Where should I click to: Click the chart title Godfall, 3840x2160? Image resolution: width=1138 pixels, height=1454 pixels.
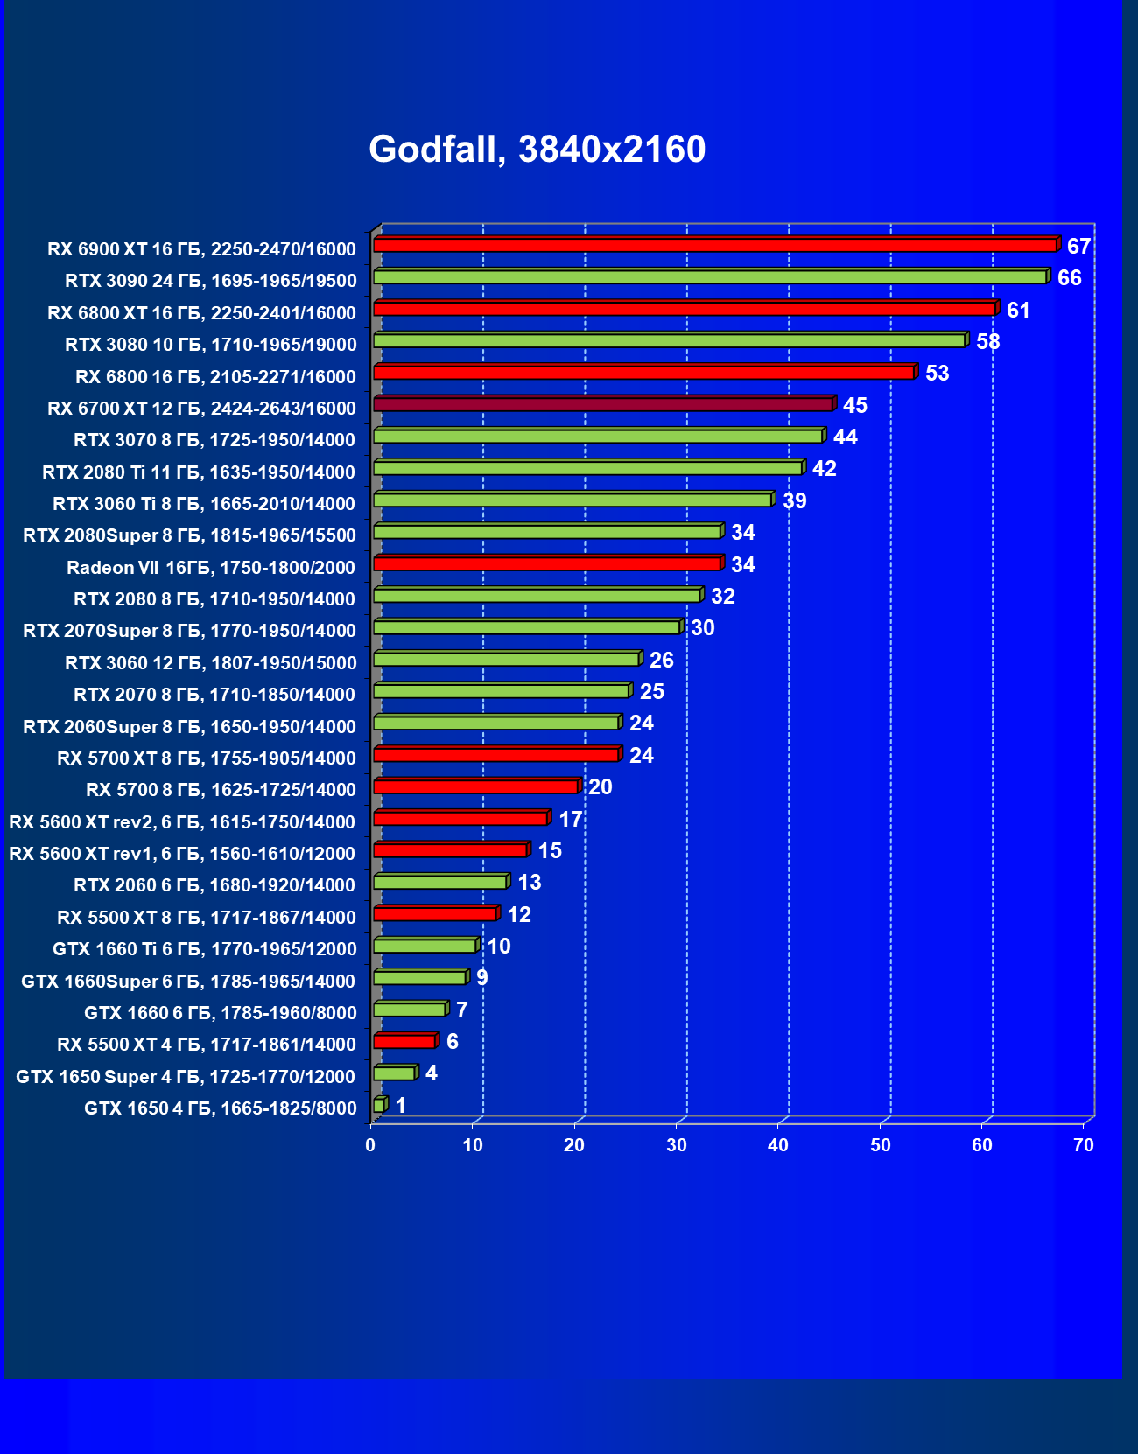pyautogui.click(x=537, y=150)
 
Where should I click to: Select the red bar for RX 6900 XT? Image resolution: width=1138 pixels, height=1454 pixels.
pyautogui.click(x=714, y=245)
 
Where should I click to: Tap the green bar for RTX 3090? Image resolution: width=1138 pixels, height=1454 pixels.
pyautogui.click(x=709, y=277)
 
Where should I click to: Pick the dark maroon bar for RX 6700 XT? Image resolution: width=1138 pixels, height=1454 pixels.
pyautogui.click(x=602, y=404)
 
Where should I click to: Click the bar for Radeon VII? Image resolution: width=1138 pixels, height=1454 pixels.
pyautogui.click(x=546, y=563)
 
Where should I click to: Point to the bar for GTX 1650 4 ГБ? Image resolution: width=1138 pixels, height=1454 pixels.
pyautogui.click(x=379, y=1106)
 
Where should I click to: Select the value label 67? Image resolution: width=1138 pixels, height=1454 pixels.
pyautogui.click(x=1078, y=247)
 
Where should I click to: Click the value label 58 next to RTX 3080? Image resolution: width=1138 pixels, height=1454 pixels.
pyautogui.click(x=987, y=342)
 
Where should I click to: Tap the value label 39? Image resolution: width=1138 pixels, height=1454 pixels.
pyautogui.click(x=794, y=501)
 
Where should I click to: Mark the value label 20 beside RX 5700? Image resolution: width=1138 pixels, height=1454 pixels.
pyautogui.click(x=600, y=787)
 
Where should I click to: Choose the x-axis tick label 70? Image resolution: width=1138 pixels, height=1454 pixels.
pyautogui.click(x=1083, y=1145)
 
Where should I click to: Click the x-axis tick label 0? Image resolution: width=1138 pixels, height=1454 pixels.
pyautogui.click(x=371, y=1145)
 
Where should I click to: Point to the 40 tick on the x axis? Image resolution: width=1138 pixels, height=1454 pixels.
pyautogui.click(x=778, y=1145)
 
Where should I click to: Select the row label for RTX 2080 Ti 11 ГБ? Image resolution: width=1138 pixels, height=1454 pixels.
pyautogui.click(x=199, y=472)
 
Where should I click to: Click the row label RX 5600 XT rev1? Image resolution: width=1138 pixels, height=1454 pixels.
pyautogui.click(x=182, y=854)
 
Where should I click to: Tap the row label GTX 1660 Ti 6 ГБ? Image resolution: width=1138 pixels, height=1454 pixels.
pyautogui.click(x=205, y=949)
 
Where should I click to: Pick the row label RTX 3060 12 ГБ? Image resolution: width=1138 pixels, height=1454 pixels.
pyautogui.click(x=211, y=663)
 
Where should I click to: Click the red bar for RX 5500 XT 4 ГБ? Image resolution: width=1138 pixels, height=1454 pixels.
pyautogui.click(x=404, y=1042)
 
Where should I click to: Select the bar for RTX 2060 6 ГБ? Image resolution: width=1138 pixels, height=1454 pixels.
pyautogui.click(x=439, y=883)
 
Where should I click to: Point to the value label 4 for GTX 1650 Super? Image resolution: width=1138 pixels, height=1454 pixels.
pyautogui.click(x=431, y=1073)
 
